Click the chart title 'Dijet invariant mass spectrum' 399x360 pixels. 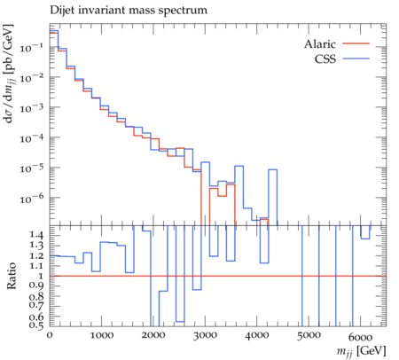(x=129, y=11)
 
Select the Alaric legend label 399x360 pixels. (x=320, y=44)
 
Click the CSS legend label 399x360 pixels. (x=325, y=59)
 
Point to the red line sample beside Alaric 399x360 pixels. (x=356, y=43)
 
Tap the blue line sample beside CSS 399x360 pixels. (x=356, y=59)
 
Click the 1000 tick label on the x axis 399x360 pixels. (x=102, y=335)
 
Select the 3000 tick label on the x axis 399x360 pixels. (x=206, y=335)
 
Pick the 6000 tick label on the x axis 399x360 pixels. (x=360, y=337)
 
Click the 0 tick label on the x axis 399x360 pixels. (x=50, y=335)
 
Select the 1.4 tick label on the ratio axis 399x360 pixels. (x=36, y=235)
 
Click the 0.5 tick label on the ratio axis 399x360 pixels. (x=36, y=325)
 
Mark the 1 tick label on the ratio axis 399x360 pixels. (x=41, y=276)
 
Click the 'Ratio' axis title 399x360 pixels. (x=12, y=276)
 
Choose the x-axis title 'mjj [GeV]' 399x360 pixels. (x=362, y=351)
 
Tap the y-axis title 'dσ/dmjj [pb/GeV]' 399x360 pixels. (x=9, y=74)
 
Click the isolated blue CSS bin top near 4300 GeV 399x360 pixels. (x=272, y=169)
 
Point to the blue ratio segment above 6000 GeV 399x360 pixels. (x=365, y=239)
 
